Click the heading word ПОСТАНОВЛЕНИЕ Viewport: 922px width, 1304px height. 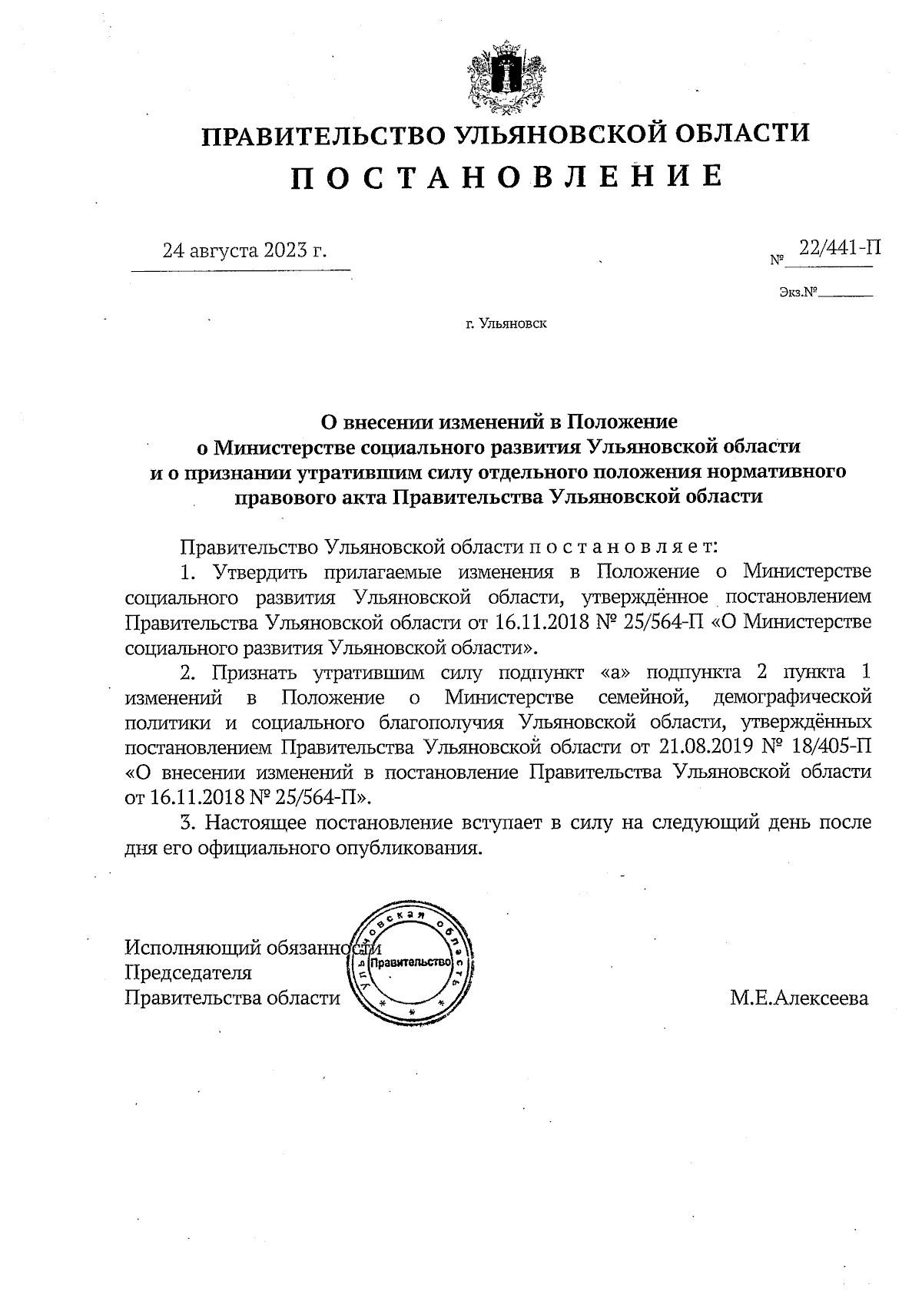point(507,177)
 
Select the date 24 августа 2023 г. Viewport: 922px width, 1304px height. point(244,250)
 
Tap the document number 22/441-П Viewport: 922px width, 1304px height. point(838,247)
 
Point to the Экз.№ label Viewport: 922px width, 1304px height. point(798,292)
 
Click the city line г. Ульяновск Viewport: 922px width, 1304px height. point(506,324)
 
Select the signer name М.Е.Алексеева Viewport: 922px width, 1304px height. point(799,998)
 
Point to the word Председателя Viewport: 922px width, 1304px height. point(188,973)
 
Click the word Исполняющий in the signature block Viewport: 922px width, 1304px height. point(192,948)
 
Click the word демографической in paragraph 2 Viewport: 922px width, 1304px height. point(792,697)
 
